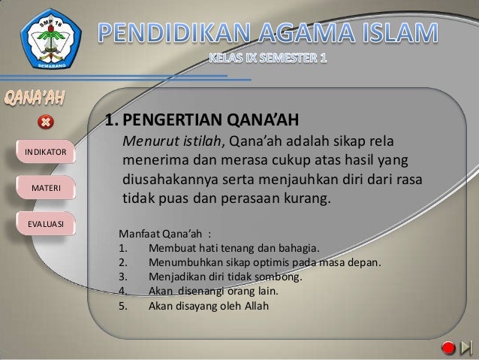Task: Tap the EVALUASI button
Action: click(x=46, y=223)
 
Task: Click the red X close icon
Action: click(x=45, y=122)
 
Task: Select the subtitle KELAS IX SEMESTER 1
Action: click(x=267, y=59)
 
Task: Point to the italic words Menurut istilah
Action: click(x=172, y=142)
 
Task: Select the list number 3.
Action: click(x=122, y=277)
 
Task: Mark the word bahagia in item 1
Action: click(x=298, y=248)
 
